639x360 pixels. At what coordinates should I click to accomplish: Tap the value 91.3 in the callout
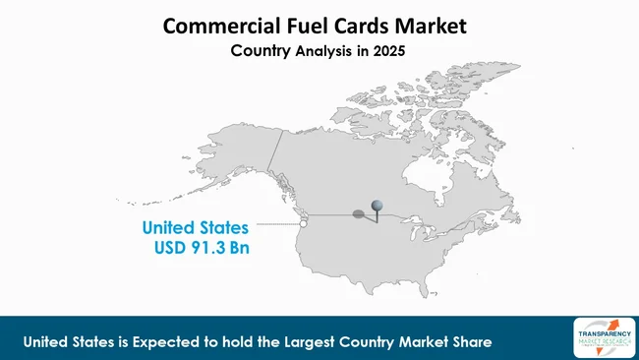209,249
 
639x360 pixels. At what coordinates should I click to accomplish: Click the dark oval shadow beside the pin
363,213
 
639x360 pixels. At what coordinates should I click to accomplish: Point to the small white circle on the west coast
304,223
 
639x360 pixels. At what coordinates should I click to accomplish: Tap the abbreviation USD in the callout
171,249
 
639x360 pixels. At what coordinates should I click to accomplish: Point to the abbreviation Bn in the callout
239,249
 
